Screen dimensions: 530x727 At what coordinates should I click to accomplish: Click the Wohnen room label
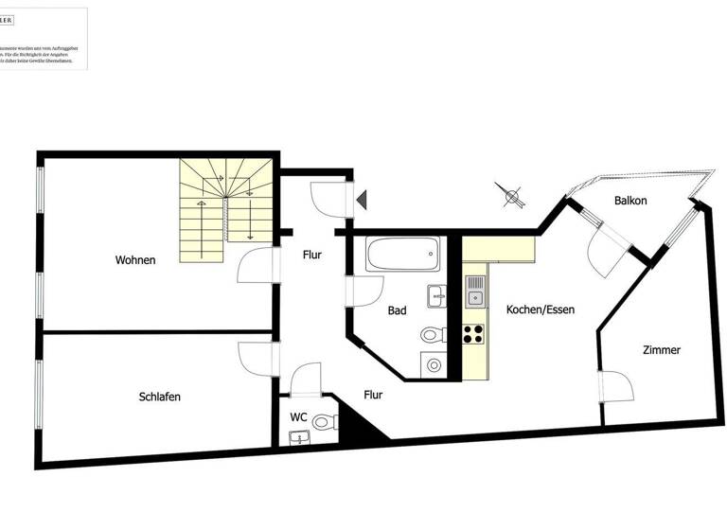(135, 260)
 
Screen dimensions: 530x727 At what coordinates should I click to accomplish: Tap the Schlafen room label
(159, 397)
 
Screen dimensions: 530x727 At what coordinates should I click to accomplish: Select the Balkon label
(630, 201)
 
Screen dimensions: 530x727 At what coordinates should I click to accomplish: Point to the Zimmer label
(661, 350)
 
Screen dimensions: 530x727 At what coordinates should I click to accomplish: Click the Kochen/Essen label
(540, 309)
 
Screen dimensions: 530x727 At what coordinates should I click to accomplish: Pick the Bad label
(398, 309)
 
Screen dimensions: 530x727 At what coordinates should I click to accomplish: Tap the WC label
(298, 416)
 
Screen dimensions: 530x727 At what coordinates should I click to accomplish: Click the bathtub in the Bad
(403, 254)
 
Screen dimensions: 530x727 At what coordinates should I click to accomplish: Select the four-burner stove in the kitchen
(473, 334)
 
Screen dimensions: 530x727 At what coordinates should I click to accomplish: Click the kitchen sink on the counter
(474, 290)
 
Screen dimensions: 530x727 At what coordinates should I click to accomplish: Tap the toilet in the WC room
(322, 422)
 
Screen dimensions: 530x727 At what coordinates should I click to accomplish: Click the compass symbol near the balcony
(512, 197)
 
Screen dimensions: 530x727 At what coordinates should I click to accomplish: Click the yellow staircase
(227, 210)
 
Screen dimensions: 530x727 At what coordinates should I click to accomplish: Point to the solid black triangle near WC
(359, 424)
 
